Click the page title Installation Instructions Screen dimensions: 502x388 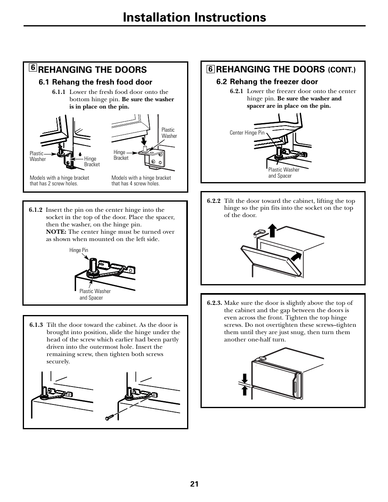tap(194, 17)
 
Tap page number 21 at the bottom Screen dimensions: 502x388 tap(194, 484)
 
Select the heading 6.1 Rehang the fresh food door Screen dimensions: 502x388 tap(96, 82)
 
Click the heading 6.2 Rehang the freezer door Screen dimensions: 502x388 tap(267, 82)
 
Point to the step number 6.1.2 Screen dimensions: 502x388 tap(36, 210)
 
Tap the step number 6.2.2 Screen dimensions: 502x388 tap(214, 201)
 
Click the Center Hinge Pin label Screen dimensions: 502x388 tap(247, 133)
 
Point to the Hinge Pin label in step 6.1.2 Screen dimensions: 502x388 tap(78, 250)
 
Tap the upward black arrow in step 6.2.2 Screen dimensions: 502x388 tap(272, 230)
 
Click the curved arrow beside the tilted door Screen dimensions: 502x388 tap(298, 256)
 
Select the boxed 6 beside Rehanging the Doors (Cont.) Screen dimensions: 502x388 tap(210, 69)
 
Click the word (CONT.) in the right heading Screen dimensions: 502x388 tap(342, 70)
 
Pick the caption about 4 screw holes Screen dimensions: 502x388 tap(141, 180)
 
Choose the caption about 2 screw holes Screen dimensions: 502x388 tap(59, 180)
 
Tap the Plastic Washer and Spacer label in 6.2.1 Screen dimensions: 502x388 tap(283, 173)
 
